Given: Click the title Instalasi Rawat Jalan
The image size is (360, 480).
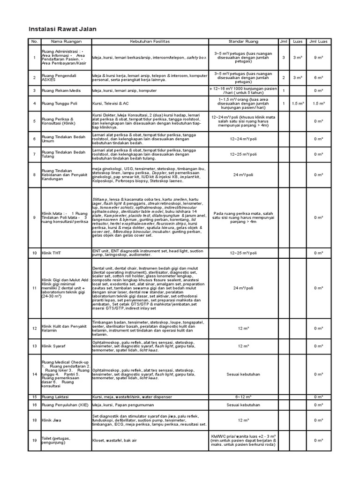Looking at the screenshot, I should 62,29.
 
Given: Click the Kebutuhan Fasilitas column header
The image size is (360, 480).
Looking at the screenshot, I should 150,42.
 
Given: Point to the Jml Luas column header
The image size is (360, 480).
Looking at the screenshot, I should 318,42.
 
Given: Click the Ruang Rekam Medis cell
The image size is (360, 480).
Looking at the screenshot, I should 59,90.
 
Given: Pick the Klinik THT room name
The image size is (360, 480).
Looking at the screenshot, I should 51,253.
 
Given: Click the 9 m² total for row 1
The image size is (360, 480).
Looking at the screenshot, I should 318,57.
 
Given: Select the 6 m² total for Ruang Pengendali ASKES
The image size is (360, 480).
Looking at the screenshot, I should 318,77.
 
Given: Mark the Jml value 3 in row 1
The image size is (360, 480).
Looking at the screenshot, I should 283,57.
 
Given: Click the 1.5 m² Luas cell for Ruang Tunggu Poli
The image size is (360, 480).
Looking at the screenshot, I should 297,103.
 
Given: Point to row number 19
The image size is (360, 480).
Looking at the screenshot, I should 34,440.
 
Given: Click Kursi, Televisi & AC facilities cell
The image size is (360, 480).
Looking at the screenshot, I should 111,103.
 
